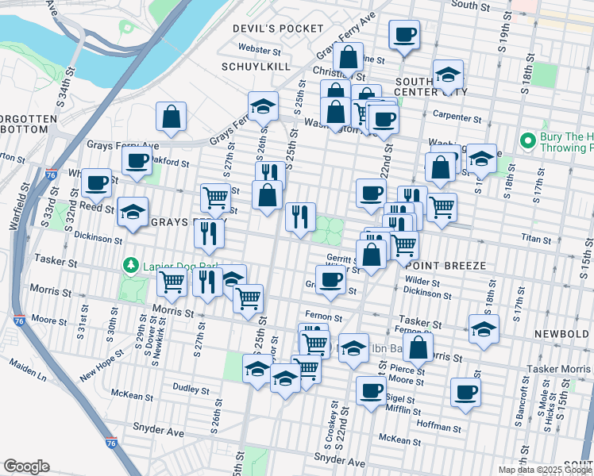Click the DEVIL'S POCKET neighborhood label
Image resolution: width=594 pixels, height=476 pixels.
(265, 29)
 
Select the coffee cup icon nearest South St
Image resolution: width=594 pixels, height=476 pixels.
(404, 36)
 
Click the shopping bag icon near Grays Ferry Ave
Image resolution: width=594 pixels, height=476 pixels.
(172, 117)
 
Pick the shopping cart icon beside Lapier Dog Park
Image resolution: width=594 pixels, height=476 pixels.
(172, 281)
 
